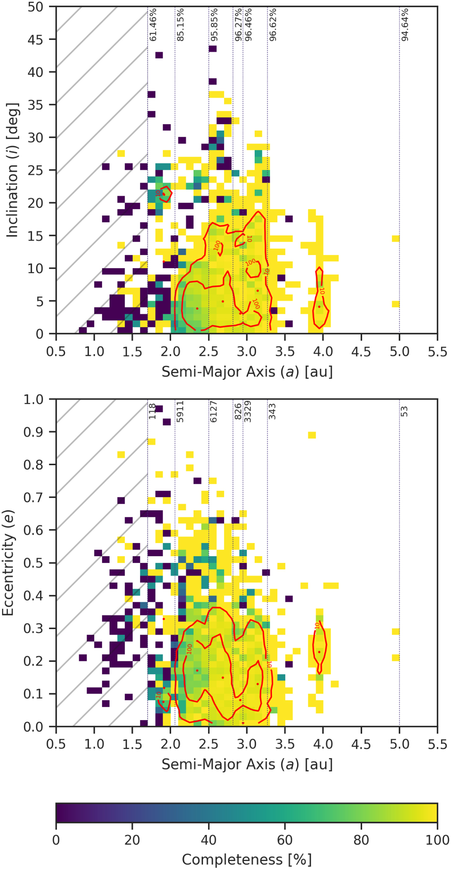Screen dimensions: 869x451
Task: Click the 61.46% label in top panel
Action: [x=153, y=25]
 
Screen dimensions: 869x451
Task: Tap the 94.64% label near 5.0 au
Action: [x=405, y=25]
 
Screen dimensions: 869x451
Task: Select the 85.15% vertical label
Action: [x=180, y=25]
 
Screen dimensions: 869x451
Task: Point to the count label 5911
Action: [x=180, y=411]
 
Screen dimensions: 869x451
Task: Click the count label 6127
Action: [x=214, y=411]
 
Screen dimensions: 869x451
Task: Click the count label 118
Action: [x=153, y=411]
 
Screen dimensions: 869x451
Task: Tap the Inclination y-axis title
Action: [x=12, y=171]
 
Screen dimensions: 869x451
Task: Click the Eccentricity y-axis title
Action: [x=8, y=563]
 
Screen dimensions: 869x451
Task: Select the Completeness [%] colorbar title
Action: [x=247, y=859]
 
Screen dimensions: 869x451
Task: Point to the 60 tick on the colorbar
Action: [x=285, y=840]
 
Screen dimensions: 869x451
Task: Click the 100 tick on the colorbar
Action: [x=437, y=840]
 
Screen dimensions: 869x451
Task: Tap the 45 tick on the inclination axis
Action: [x=35, y=39]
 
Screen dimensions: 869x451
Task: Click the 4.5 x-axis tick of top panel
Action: [x=361, y=352]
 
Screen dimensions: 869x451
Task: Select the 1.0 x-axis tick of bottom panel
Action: [x=94, y=744]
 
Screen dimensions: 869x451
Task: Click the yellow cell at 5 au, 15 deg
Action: [x=395, y=239]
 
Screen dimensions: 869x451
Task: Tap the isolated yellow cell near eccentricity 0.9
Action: [x=312, y=435]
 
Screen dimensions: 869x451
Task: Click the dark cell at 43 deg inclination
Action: [x=159, y=55]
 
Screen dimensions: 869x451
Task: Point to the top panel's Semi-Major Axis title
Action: [x=247, y=372]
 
